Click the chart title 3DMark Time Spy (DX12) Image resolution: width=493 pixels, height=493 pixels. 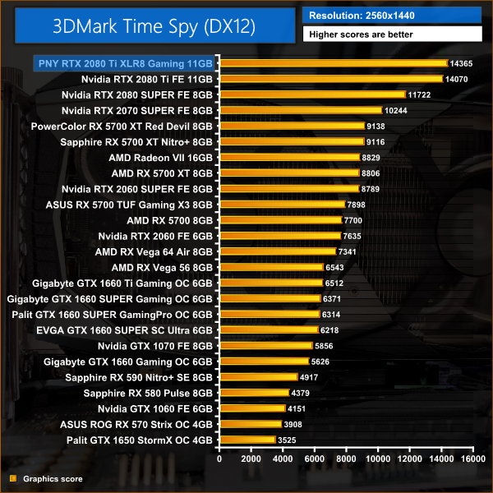pos(153,26)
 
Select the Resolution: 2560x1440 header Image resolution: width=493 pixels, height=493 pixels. pos(362,15)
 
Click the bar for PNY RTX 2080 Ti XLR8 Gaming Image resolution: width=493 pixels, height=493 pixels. pos(333,62)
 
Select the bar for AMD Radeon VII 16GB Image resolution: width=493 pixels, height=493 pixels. pos(289,157)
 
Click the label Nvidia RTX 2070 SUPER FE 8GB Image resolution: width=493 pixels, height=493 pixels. pos(137,110)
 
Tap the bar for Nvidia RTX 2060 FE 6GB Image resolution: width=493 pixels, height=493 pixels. pos(279,236)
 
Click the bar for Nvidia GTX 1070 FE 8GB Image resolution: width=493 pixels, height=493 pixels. pos(265,346)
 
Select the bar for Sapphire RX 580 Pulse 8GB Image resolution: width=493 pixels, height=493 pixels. pos(254,393)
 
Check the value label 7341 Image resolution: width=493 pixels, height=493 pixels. pos(350,251)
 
